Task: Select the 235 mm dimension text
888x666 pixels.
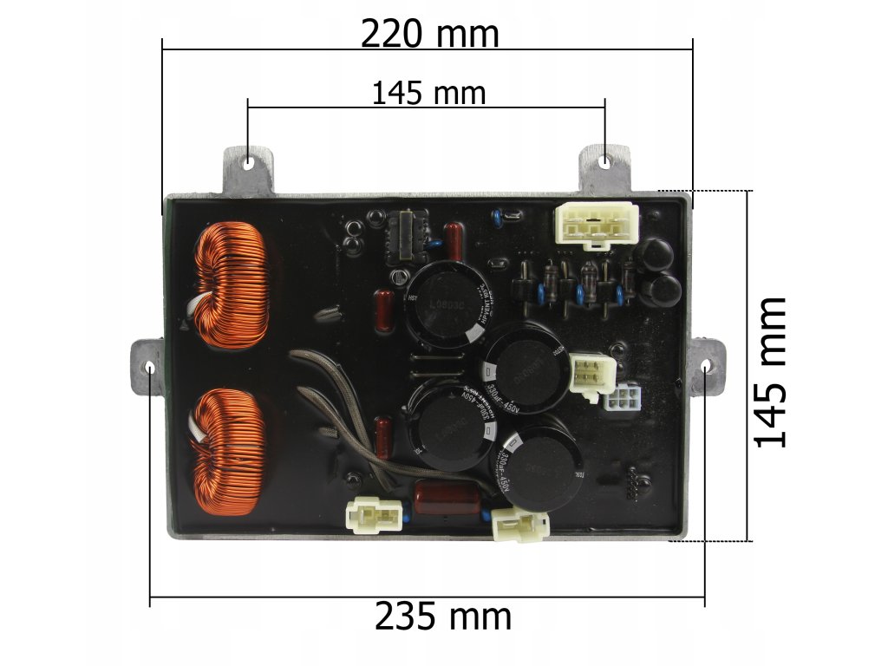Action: tap(442, 617)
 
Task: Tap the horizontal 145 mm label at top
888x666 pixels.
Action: tap(428, 92)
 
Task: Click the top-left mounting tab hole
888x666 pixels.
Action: tap(250, 161)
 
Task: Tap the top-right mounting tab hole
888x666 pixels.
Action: tap(604, 161)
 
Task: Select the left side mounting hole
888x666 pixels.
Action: tap(150, 368)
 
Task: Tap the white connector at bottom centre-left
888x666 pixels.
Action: tap(375, 514)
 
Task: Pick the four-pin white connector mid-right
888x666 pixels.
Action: tap(591, 375)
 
